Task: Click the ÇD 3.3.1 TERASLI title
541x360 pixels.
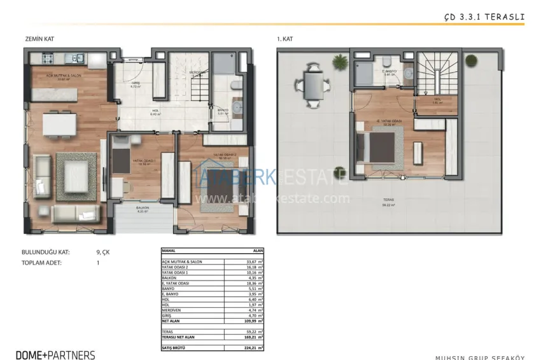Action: pos(484,18)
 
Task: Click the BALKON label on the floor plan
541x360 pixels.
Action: pos(142,208)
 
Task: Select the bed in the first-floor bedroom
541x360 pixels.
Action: pos(379,147)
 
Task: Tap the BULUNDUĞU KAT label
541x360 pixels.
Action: pos(45,252)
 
